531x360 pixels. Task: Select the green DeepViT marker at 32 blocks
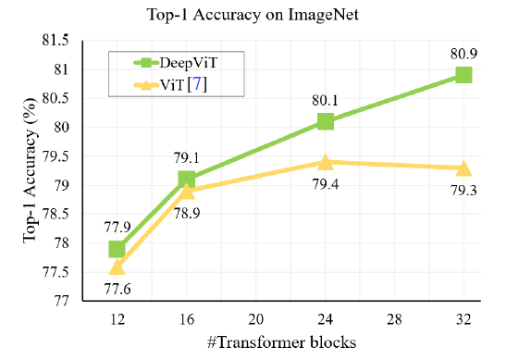pyautogui.click(x=463, y=75)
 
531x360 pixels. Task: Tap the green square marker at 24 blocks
pyautogui.click(x=325, y=121)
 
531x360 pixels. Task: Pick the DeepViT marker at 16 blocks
pyautogui.click(x=187, y=179)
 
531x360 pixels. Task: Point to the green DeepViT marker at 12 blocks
pyautogui.click(x=117, y=248)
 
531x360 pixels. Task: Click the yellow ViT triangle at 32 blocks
pyautogui.click(x=463, y=168)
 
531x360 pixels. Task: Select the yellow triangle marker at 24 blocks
pyautogui.click(x=325, y=162)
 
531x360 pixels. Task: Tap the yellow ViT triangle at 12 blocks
pyautogui.click(x=117, y=267)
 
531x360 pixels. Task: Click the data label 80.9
pyautogui.click(x=463, y=52)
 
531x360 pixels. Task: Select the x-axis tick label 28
pyautogui.click(x=394, y=319)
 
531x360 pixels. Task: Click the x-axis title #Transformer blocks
pyautogui.click(x=279, y=342)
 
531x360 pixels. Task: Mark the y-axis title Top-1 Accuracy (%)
pyautogui.click(x=31, y=170)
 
